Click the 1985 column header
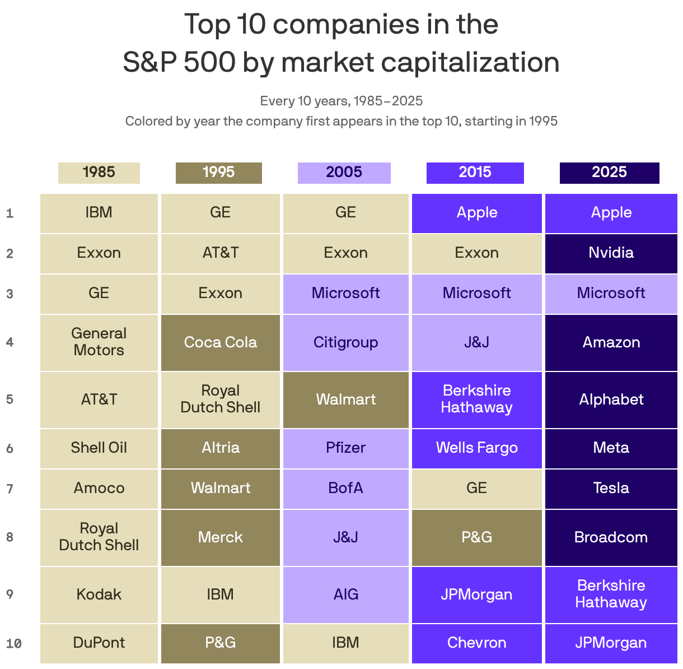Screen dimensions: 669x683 99,173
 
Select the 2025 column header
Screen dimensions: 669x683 609,173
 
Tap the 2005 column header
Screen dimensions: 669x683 344,173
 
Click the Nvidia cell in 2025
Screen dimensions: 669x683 611,253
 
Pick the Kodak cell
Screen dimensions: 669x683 99,594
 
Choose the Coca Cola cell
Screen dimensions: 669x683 220,342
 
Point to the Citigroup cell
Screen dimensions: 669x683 345,342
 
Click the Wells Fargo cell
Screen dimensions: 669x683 476,448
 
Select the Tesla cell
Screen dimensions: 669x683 611,488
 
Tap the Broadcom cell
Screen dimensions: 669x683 611,537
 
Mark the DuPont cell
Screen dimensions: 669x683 99,643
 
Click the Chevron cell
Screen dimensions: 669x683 476,643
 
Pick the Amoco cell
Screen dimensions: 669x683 99,488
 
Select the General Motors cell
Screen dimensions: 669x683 99,342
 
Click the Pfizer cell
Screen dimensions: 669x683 345,448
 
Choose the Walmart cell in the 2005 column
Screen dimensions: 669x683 345,399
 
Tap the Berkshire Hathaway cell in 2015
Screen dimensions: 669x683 476,399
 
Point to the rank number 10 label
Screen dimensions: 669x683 13,643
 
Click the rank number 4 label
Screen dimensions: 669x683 10,342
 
